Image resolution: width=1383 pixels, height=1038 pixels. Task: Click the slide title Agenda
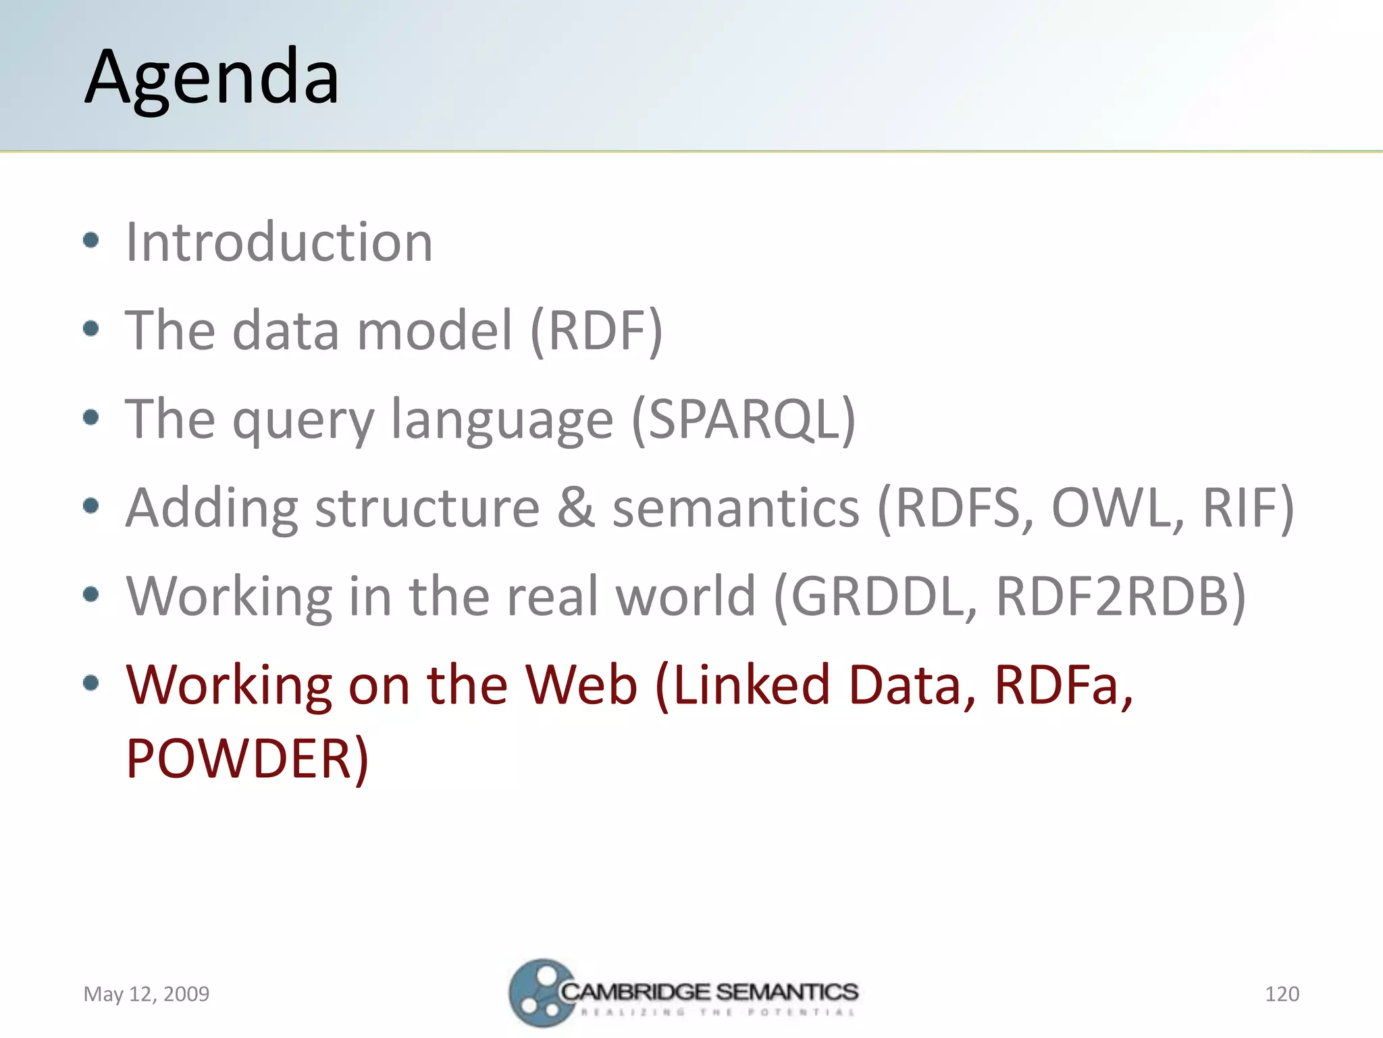[x=211, y=78]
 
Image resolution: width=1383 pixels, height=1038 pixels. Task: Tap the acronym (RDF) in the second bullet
[x=596, y=330]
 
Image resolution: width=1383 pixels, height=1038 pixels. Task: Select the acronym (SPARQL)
[x=743, y=419]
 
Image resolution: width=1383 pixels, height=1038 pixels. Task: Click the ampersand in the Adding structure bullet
[x=575, y=508]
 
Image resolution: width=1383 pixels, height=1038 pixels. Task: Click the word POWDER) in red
[x=247, y=758]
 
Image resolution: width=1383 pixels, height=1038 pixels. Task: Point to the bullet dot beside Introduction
[x=91, y=241]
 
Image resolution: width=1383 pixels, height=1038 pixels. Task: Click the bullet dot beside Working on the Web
[x=91, y=683]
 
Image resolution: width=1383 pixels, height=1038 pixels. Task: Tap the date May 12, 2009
[x=146, y=993]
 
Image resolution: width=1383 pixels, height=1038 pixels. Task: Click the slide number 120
[x=1281, y=993]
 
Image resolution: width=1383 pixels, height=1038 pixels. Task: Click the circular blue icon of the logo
[x=538, y=993]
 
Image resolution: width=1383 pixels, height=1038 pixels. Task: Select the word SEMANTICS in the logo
[x=787, y=991]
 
